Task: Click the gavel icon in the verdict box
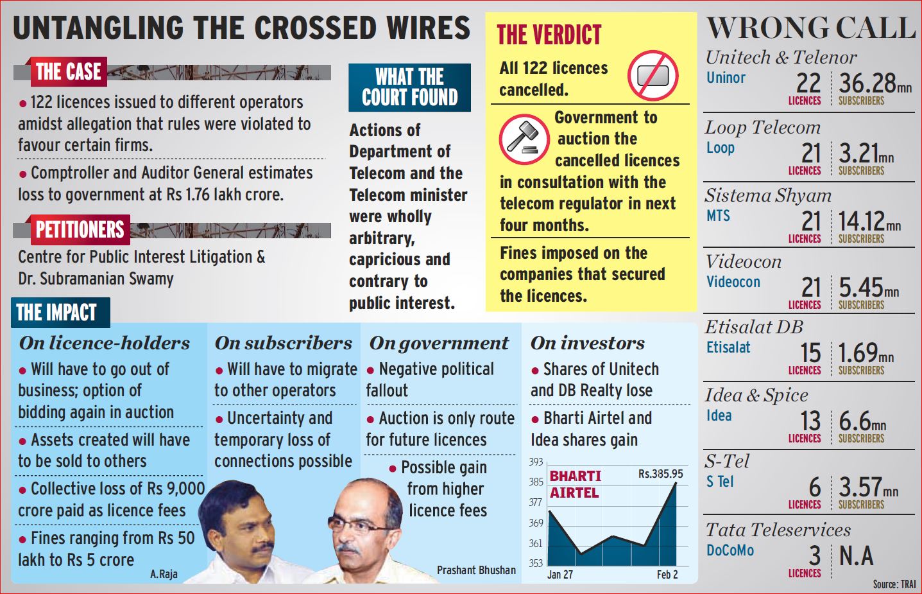[524, 139]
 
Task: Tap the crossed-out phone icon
[653, 76]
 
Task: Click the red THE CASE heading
[68, 71]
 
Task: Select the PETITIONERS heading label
[80, 229]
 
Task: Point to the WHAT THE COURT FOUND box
[409, 87]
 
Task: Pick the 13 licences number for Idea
[810, 421]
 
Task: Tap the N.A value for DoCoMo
[856, 556]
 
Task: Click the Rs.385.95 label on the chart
[660, 474]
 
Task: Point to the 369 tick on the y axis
[536, 523]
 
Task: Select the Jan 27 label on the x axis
[559, 575]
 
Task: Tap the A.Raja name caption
[164, 574]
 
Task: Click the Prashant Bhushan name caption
[476, 570]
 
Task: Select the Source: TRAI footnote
[894, 584]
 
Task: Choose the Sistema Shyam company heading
[767, 195]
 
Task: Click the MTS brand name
[718, 216]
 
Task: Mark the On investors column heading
[587, 343]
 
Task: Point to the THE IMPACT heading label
[56, 313]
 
